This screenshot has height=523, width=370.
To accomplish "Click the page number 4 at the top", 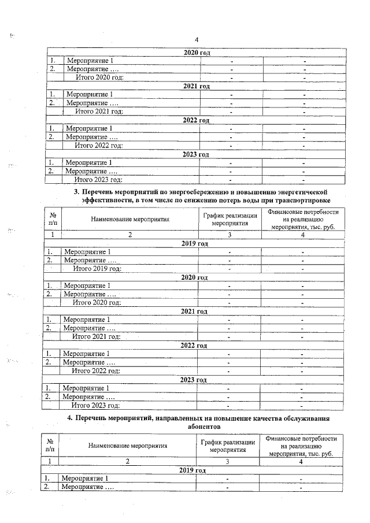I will tap(197, 39).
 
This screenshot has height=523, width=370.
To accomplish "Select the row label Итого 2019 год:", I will tap(97, 269).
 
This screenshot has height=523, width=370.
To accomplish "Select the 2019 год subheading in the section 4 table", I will tap(193, 470).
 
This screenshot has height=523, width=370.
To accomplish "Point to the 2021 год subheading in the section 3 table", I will tap(194, 311).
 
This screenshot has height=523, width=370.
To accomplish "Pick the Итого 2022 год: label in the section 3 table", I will tap(96, 371).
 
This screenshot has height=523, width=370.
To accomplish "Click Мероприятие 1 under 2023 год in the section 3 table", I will tap(86, 388).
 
